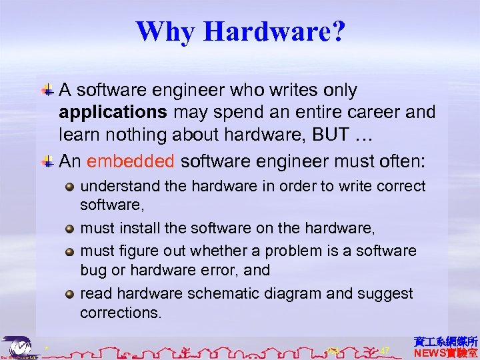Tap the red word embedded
pyautogui.click(x=131, y=161)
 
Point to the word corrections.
pyautogui.click(x=121, y=313)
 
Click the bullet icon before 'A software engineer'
pyautogui.click(x=49, y=89)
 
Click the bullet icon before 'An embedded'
pyautogui.click(x=49, y=161)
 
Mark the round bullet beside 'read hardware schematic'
pyautogui.click(x=71, y=294)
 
